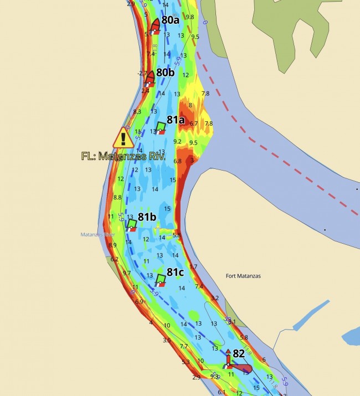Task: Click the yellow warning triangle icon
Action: [x=124, y=137]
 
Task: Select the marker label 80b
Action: [x=165, y=73]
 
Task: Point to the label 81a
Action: [x=176, y=120]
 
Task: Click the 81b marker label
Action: [x=148, y=217]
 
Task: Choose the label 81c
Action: [x=176, y=272]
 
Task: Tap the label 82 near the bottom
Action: [x=239, y=353]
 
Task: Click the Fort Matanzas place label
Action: [x=244, y=276]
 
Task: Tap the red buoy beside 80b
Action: [x=149, y=78]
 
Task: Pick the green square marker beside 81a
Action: [x=161, y=127]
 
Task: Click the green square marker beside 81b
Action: [x=132, y=224]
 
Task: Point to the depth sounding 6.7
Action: [x=194, y=123]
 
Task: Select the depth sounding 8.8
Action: [x=117, y=197]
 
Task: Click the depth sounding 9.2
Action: [x=178, y=142]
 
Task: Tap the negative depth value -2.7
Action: [x=142, y=73]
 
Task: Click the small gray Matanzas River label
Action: [x=92, y=235]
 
